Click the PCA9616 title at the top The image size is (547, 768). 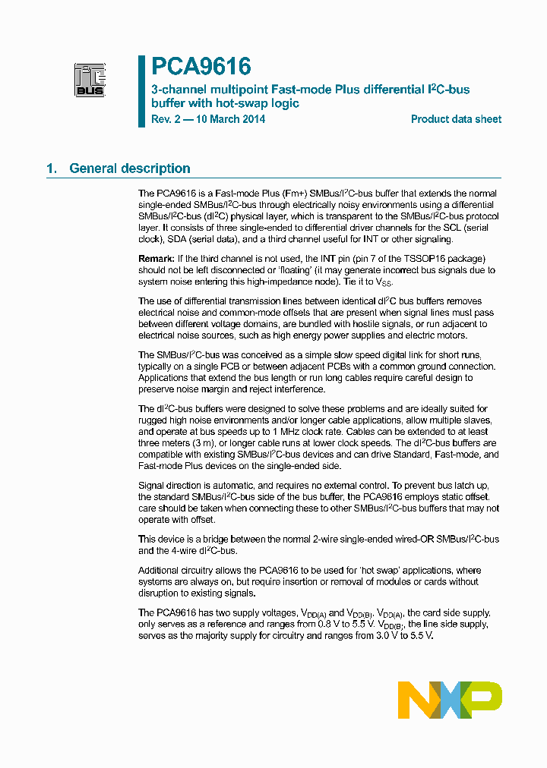[201, 67]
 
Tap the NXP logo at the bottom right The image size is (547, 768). [450, 699]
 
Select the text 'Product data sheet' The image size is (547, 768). [456, 119]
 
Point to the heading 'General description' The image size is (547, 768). [130, 168]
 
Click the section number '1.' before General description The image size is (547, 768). [52, 168]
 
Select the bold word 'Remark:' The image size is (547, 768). [157, 260]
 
